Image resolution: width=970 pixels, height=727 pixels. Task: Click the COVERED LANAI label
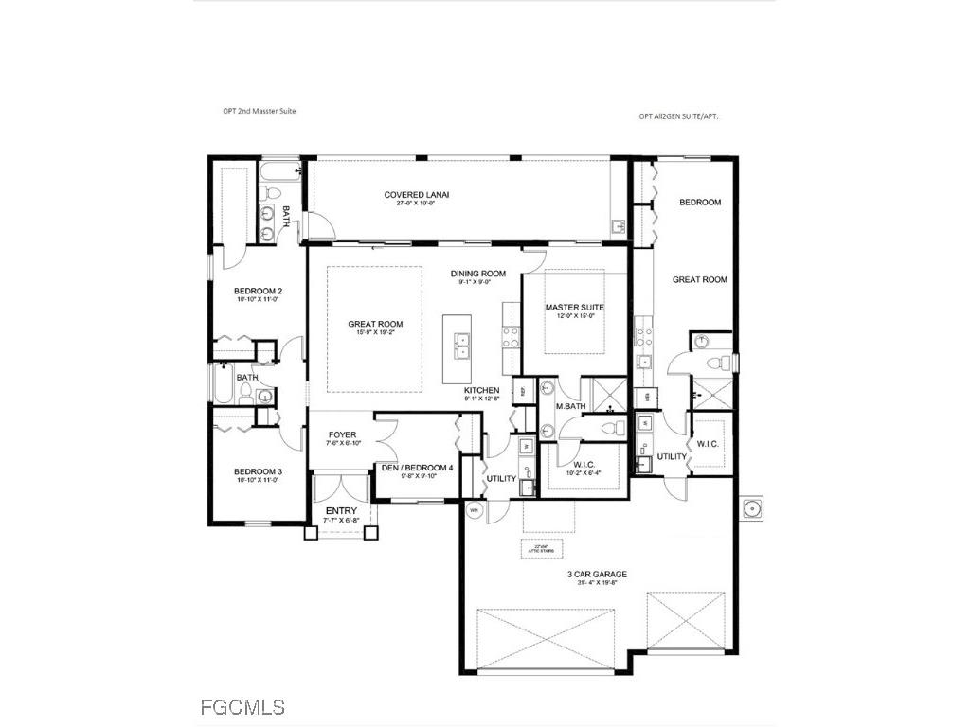416,195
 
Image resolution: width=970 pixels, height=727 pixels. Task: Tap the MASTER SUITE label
574,308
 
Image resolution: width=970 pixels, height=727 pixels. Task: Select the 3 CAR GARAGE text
596,574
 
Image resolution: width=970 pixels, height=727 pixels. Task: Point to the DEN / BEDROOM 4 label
417,468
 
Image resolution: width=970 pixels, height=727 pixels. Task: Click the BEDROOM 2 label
259,291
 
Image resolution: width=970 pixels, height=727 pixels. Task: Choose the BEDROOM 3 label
259,471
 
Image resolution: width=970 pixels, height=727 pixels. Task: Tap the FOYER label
342,435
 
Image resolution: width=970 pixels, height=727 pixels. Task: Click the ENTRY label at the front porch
340,512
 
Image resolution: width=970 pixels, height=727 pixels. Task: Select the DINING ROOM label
477,274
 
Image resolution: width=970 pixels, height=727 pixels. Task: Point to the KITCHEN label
481,391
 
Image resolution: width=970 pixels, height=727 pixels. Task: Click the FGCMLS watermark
242,706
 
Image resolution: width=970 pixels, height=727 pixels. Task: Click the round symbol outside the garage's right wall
755,508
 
